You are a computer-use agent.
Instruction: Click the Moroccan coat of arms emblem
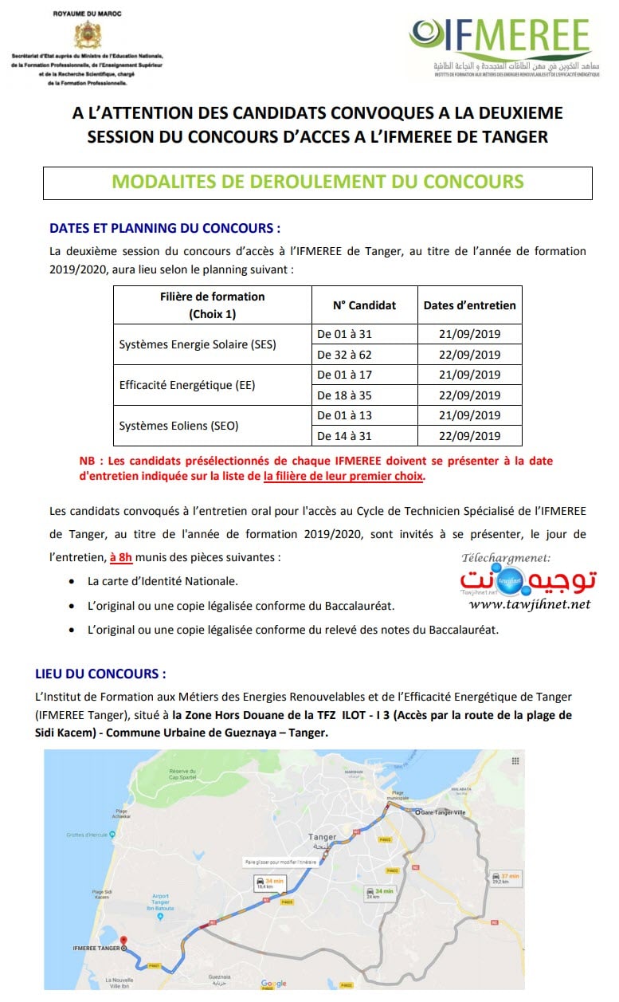[x=87, y=36]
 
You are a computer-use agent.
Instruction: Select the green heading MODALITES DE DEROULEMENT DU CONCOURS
[x=317, y=182]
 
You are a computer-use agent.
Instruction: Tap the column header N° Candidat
[x=364, y=305]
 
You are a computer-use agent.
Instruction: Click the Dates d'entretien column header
[x=469, y=305]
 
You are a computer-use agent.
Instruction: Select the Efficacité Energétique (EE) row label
[x=175, y=385]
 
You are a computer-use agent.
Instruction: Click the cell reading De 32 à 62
[x=344, y=355]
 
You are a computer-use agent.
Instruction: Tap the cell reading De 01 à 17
[x=344, y=375]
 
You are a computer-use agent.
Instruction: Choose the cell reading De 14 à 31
[x=344, y=435]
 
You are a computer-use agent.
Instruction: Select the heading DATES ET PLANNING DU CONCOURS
[x=165, y=228]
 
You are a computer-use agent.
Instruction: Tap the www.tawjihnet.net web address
[x=541, y=604]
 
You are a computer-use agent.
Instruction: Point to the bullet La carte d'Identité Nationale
[x=163, y=581]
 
